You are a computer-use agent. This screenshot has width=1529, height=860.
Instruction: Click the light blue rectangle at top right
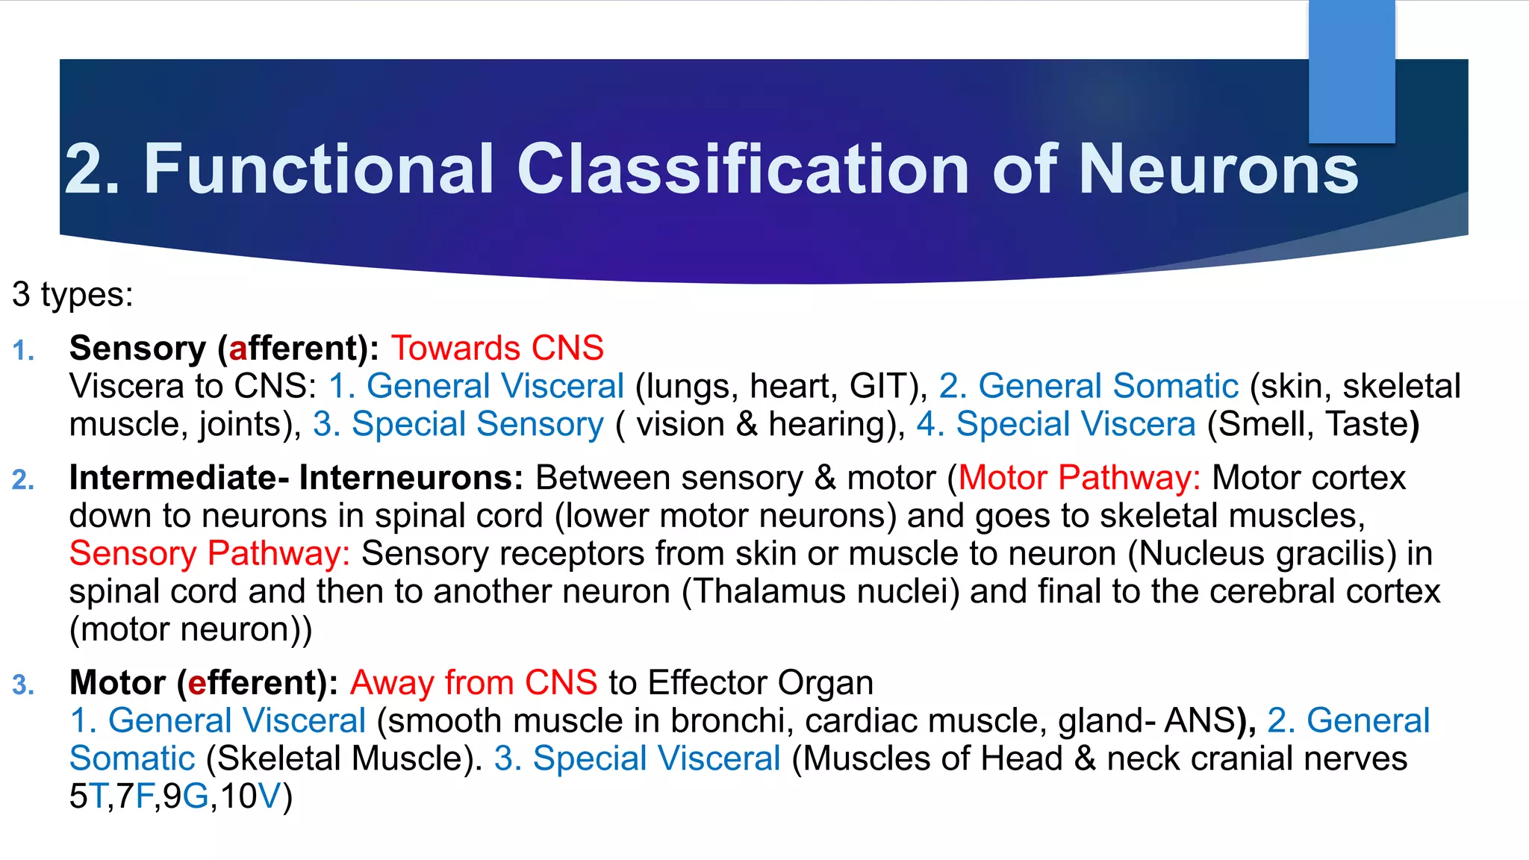[x=1351, y=71]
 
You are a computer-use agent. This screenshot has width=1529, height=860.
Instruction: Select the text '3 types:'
[x=72, y=294]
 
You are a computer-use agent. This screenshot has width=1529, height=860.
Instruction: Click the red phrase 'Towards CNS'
[x=497, y=349]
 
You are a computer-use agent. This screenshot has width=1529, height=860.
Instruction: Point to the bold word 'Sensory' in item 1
[x=137, y=349]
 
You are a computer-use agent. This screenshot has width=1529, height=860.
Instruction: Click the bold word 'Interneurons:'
[x=411, y=479]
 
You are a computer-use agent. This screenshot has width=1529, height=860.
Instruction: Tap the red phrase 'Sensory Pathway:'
[x=210, y=554]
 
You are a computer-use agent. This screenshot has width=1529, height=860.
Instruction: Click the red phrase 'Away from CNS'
[x=473, y=683]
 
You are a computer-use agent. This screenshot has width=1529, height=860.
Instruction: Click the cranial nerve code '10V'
[x=252, y=797]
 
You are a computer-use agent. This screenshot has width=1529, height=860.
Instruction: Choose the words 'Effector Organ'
[x=760, y=683]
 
